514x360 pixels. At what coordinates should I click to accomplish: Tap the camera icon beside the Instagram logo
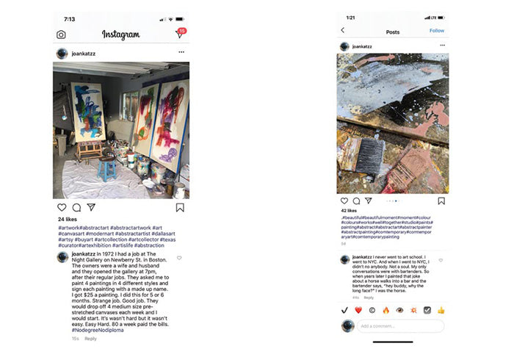click(61, 35)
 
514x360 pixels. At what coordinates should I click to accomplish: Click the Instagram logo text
click(120, 35)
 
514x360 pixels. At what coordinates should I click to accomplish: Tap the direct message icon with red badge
click(180, 34)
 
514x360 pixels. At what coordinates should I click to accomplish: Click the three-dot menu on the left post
click(181, 53)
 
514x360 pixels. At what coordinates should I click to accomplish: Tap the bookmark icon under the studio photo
click(180, 208)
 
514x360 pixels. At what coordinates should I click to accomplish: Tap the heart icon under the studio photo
click(62, 208)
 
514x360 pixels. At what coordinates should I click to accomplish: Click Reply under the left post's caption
click(90, 339)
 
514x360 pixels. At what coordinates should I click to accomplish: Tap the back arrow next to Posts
click(342, 31)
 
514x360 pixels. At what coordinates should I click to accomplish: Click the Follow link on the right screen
click(436, 31)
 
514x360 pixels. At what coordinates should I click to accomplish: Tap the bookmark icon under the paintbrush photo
click(441, 201)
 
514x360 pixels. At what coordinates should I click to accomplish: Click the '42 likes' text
click(348, 211)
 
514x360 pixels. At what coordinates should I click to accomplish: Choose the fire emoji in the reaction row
click(385, 310)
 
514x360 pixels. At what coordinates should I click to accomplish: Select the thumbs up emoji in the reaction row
click(441, 310)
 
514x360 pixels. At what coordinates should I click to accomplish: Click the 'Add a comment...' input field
click(400, 325)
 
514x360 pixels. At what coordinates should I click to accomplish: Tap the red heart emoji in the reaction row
click(358, 310)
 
